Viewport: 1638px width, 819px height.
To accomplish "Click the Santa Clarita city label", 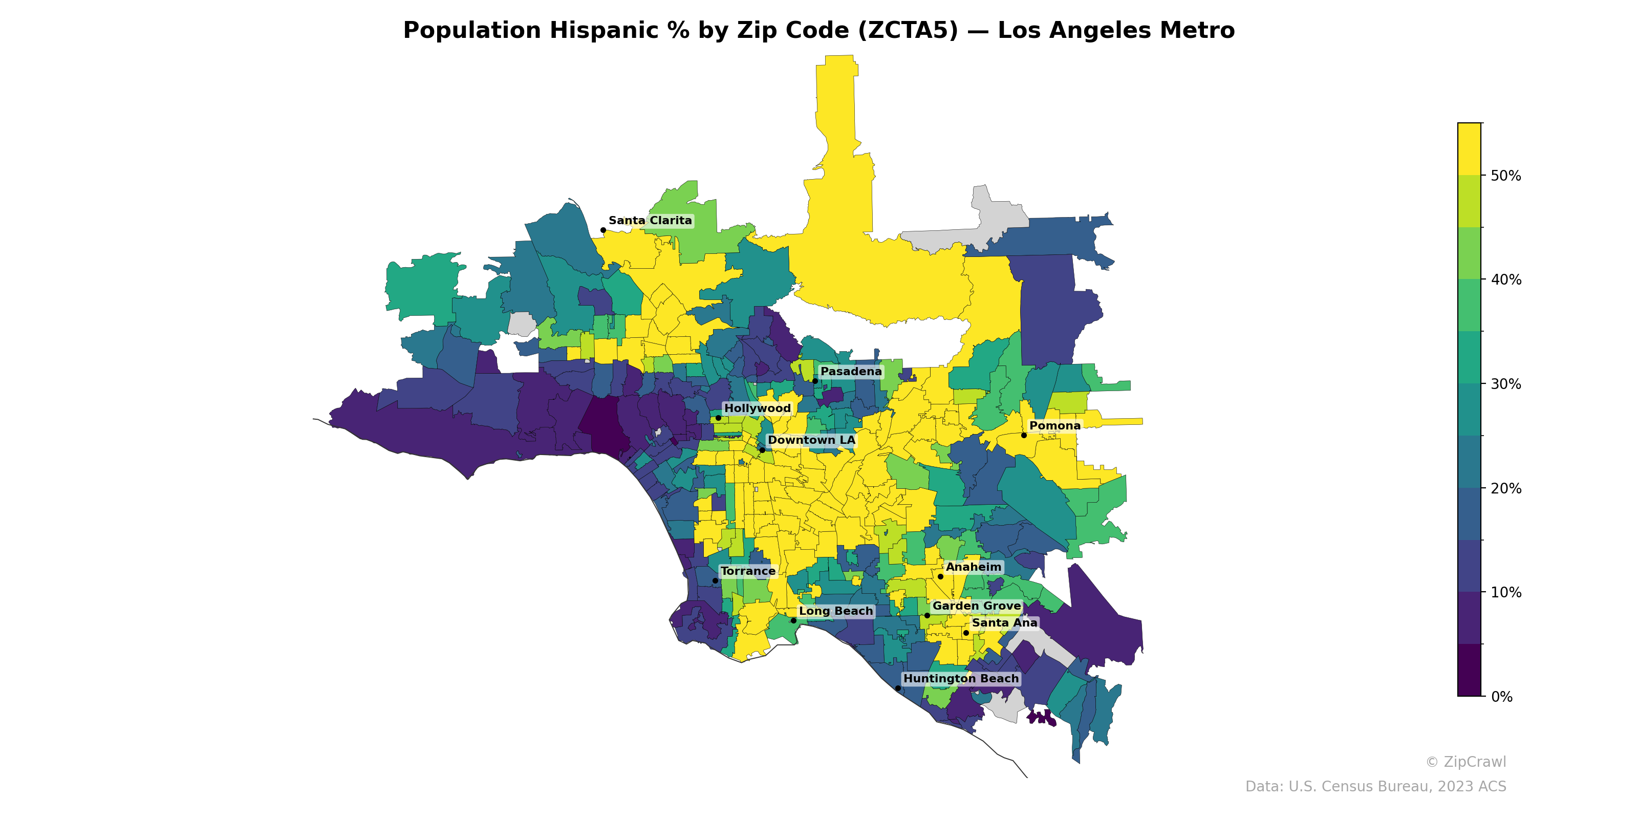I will (x=650, y=221).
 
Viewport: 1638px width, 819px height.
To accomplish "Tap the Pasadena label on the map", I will (x=851, y=371).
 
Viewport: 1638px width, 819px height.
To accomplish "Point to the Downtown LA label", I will (x=811, y=440).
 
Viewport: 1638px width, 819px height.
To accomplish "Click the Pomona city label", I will (x=1054, y=426).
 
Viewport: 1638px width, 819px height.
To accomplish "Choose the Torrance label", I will (x=748, y=571).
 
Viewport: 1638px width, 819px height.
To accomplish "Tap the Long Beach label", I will (x=835, y=611).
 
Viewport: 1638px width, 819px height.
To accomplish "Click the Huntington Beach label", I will (x=961, y=678).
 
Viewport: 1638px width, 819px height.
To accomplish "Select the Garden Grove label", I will (x=976, y=606).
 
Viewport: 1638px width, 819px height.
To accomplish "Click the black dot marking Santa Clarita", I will (x=603, y=230).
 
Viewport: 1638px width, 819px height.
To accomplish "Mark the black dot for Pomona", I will (x=1024, y=436).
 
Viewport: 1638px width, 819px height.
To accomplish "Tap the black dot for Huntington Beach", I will (x=898, y=688).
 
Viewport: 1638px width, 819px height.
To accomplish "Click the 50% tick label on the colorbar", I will (x=1506, y=176).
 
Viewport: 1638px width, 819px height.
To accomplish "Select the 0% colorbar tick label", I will (x=1502, y=697).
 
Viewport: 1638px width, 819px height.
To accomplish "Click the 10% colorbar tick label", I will (x=1506, y=593).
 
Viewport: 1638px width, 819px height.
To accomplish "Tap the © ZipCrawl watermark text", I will (x=1465, y=762).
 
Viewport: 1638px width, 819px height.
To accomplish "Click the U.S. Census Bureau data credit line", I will (x=1375, y=787).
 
